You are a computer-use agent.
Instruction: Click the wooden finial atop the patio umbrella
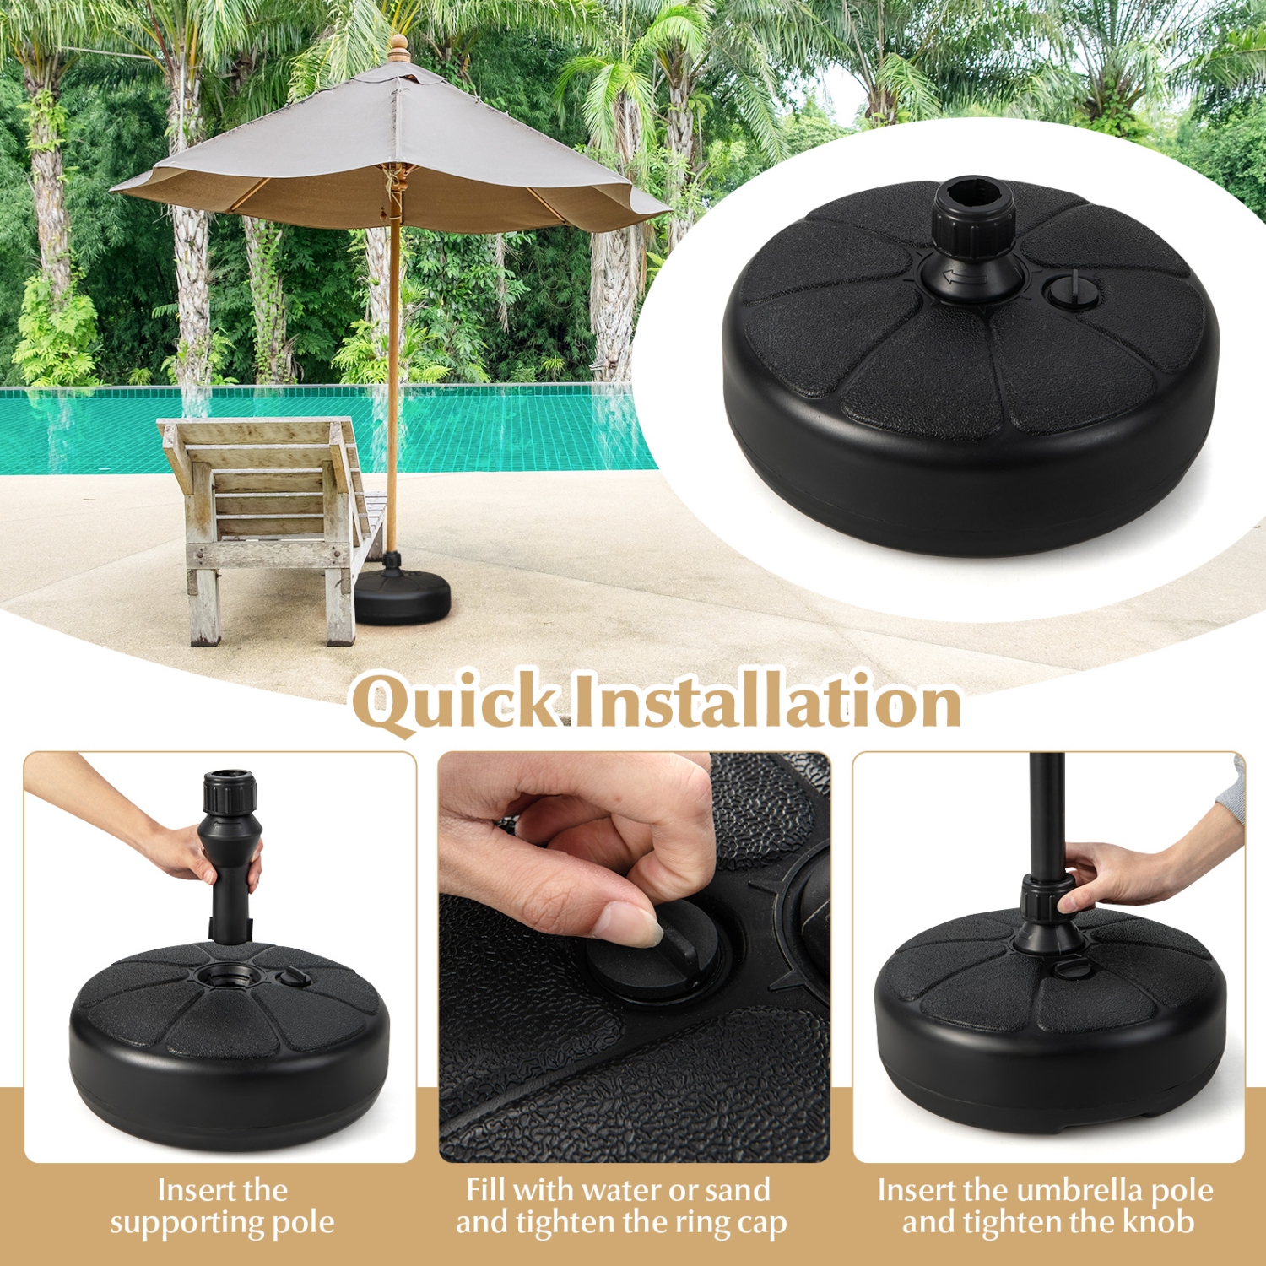tap(399, 48)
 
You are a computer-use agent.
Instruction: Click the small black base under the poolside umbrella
tap(402, 594)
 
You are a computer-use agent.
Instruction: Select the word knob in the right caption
tap(1161, 1221)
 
